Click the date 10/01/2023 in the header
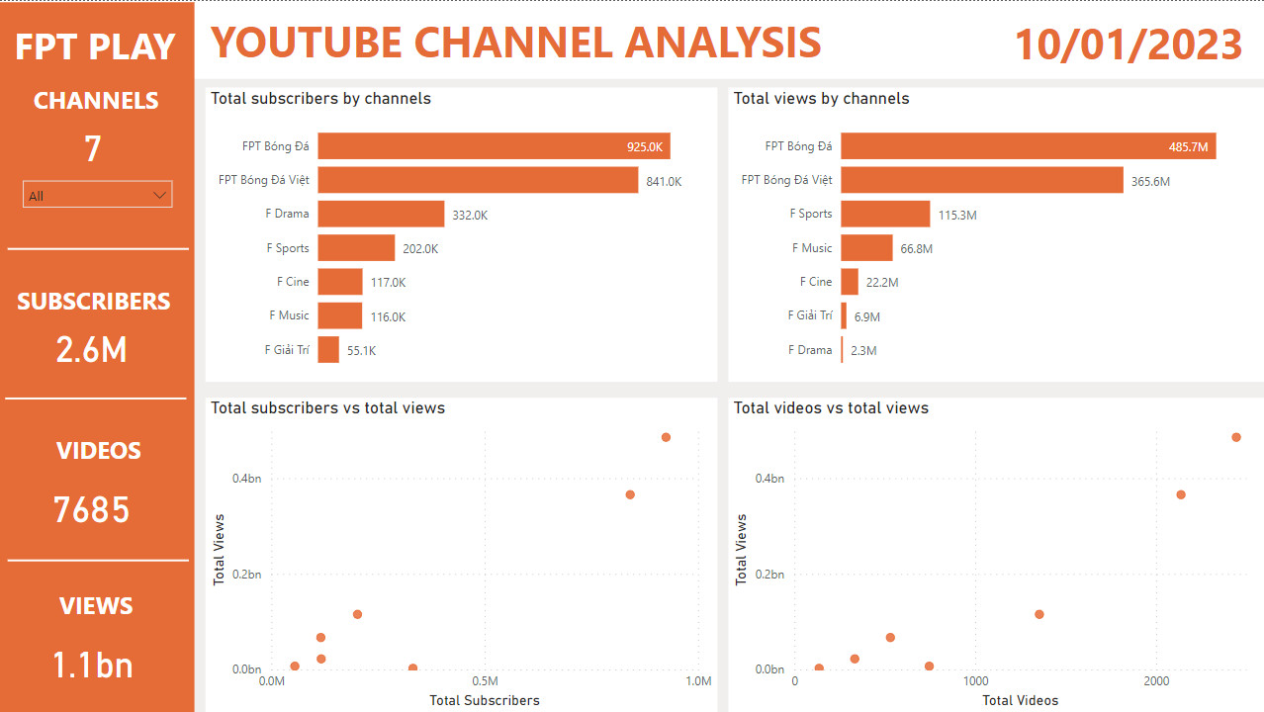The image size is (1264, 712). (1129, 45)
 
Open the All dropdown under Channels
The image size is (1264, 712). (97, 195)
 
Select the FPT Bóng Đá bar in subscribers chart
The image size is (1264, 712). (494, 146)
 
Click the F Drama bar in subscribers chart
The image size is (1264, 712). (381, 214)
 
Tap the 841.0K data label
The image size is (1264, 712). (664, 181)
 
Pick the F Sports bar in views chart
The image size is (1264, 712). (885, 215)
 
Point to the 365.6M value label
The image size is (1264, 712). (1150, 181)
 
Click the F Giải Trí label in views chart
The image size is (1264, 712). (810, 315)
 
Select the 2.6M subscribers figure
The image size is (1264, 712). (92, 350)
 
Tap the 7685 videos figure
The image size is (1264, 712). (92, 510)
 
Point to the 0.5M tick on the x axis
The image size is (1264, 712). (485, 681)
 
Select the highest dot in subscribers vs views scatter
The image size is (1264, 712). (666, 437)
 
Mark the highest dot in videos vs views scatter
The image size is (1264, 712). (1235, 437)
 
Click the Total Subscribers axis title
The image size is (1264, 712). (485, 700)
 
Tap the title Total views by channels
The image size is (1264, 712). (821, 99)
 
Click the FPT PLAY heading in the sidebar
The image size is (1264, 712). (95, 46)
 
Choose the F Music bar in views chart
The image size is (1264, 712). (866, 248)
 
